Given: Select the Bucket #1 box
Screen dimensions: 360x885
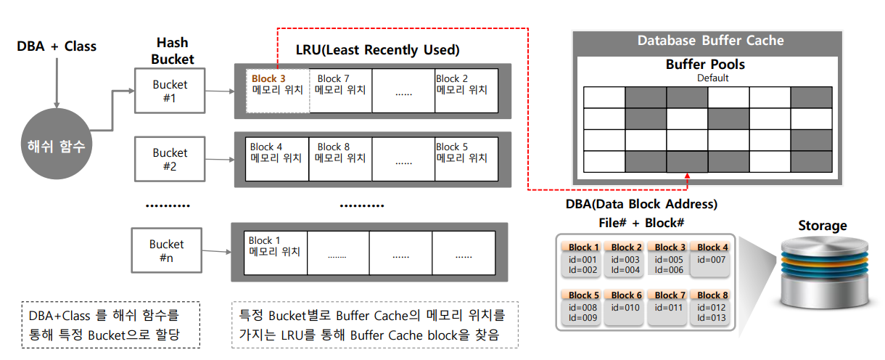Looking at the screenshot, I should [x=170, y=91].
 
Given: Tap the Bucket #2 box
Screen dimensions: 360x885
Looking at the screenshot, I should [x=170, y=159].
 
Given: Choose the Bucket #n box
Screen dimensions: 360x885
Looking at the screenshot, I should [x=167, y=250].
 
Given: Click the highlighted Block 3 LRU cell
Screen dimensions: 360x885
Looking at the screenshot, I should [x=278, y=91].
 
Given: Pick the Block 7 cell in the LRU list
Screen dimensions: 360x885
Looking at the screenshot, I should [x=340, y=91].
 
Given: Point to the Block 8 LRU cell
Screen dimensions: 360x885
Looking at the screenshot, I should [x=340, y=159].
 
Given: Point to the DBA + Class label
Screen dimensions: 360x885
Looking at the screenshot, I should [x=57, y=46].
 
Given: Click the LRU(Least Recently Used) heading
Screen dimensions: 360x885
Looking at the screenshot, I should [x=377, y=50].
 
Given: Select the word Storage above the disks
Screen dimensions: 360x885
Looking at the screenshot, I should [x=822, y=226].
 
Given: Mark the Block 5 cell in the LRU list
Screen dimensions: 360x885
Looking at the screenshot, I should [x=466, y=159].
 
